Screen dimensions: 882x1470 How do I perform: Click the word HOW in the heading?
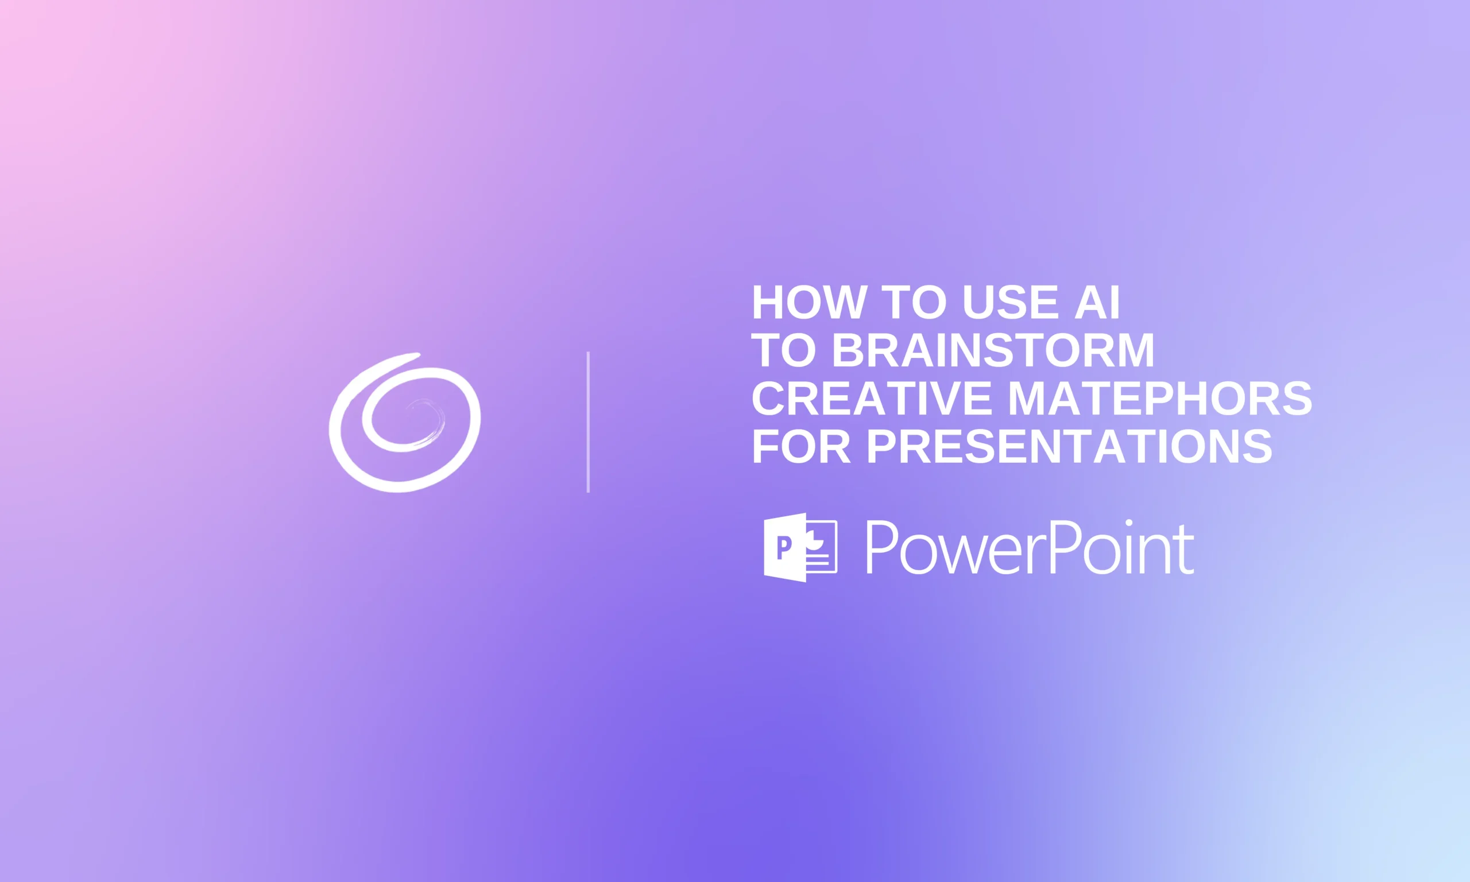pyautogui.click(x=809, y=303)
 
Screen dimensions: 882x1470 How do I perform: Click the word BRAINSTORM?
pyautogui.click(x=993, y=351)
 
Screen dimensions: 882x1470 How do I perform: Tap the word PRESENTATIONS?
pyautogui.click(x=1070, y=446)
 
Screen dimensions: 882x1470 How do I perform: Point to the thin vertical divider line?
pyautogui.click(x=588, y=422)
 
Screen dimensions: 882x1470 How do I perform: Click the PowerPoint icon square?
pyautogui.click(x=800, y=547)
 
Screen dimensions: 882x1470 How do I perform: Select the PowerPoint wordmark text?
pyautogui.click(x=1029, y=547)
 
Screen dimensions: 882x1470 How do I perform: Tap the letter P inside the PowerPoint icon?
pyautogui.click(x=784, y=547)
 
